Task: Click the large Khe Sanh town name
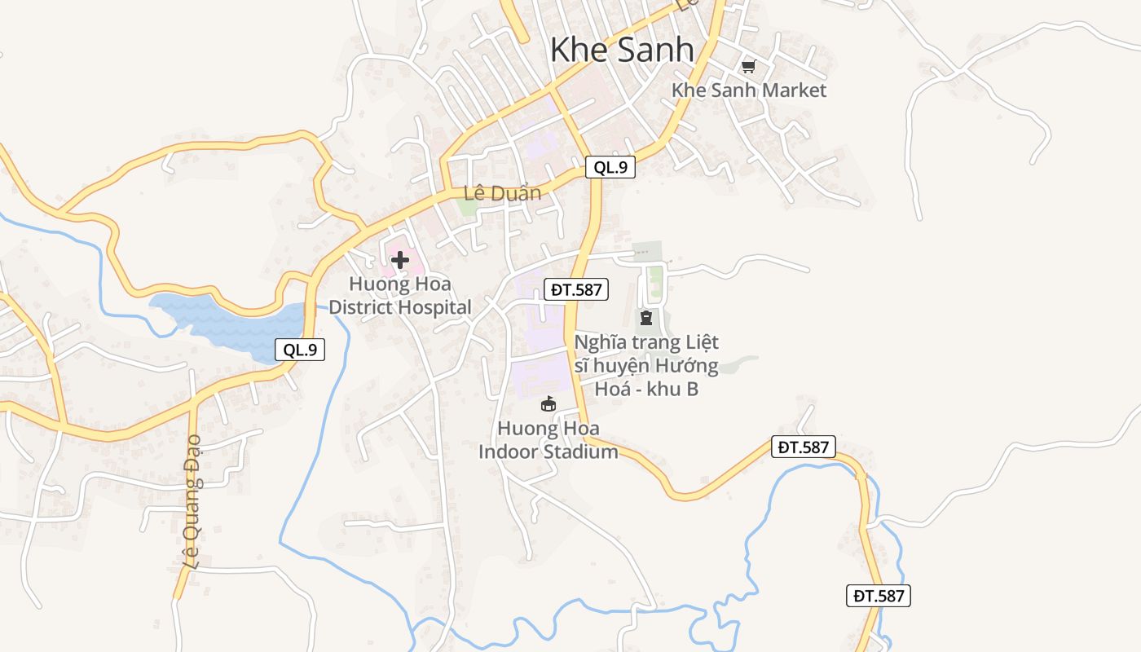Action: [x=622, y=50]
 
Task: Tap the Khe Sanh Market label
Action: [x=748, y=90]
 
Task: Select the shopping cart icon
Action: [x=748, y=66]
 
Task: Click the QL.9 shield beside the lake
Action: [x=300, y=350]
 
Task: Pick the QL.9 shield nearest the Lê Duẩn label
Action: [x=610, y=168]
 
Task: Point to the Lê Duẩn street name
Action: [x=502, y=193]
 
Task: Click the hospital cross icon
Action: [x=400, y=260]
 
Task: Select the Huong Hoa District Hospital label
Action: [x=400, y=296]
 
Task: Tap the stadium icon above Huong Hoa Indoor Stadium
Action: [x=548, y=403]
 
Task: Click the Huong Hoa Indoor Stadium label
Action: [x=548, y=440]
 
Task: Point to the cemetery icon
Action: [x=646, y=317]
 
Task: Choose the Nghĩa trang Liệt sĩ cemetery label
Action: [x=646, y=365]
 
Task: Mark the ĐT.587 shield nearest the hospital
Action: [x=576, y=289]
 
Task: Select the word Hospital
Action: [x=435, y=307]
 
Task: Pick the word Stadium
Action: [x=582, y=452]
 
